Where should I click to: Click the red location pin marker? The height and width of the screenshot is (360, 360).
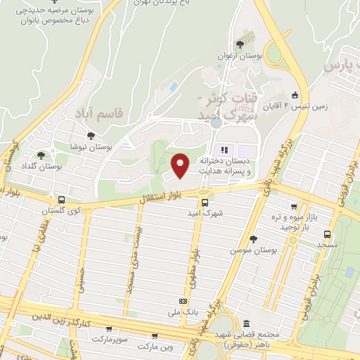click(x=181, y=165)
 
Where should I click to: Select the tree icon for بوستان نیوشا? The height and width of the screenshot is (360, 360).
click(x=89, y=136)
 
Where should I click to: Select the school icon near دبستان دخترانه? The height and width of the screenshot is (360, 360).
click(x=225, y=150)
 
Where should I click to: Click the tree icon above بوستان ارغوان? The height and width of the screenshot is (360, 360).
click(x=240, y=44)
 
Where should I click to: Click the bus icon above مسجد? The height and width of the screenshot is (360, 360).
click(x=327, y=234)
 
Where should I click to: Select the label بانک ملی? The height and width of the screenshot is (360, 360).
click(x=186, y=311)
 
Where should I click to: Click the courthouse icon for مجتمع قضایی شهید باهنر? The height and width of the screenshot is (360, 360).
click(x=244, y=324)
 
